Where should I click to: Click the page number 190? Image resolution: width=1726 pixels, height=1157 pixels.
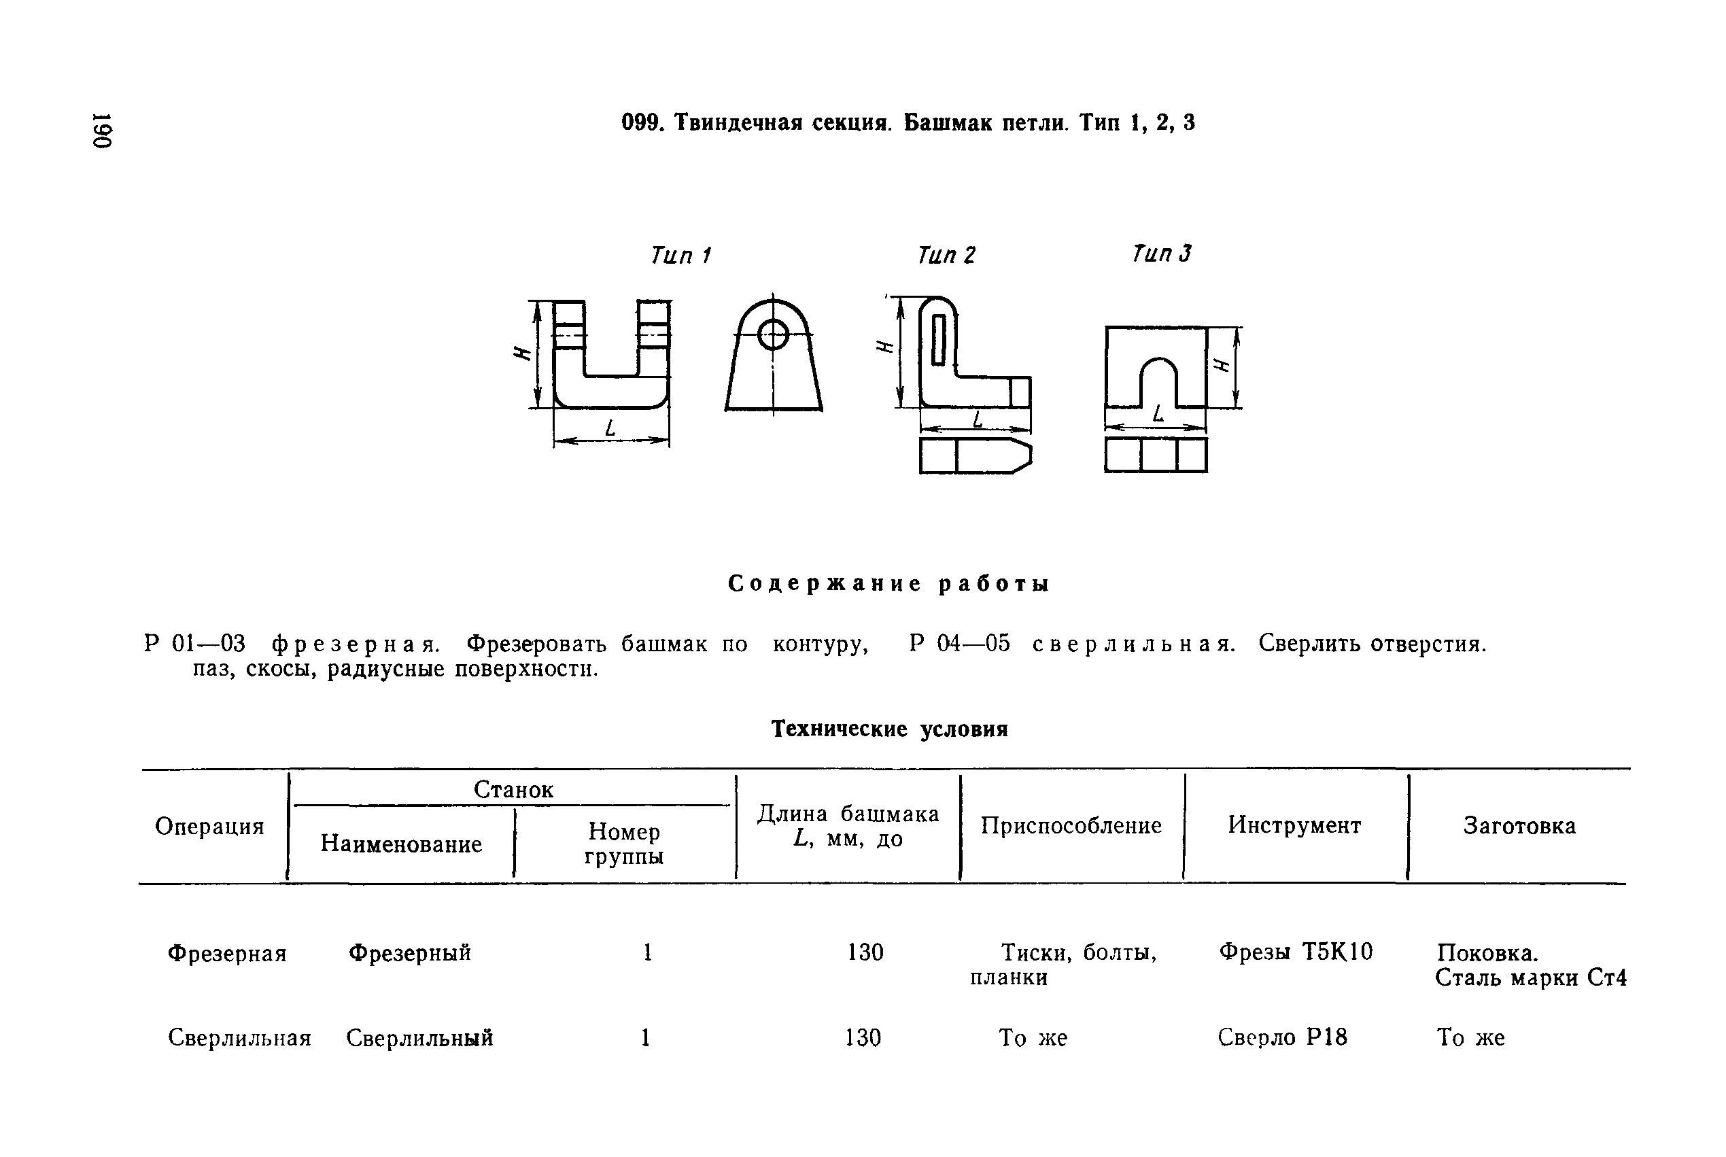102,131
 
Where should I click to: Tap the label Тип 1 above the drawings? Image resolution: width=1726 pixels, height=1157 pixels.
680,256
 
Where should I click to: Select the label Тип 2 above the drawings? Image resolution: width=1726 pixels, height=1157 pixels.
946,256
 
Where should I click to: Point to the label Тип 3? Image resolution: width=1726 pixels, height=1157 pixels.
1162,254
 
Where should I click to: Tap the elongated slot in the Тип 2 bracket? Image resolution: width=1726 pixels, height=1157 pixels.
939,339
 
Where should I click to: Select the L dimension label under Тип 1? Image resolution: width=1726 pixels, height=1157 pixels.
610,428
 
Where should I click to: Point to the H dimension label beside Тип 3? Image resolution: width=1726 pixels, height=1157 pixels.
1222,365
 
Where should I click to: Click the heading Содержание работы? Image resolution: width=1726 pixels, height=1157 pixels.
888,585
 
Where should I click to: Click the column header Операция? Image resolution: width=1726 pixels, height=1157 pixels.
209,827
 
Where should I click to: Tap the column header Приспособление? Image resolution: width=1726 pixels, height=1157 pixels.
1071,826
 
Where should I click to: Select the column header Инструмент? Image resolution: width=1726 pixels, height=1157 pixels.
1294,825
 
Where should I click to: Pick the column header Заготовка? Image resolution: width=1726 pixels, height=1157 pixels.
1519,826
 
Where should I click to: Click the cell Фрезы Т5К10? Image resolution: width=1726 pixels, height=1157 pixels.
1296,952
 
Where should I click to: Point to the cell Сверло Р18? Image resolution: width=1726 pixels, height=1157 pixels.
1283,1037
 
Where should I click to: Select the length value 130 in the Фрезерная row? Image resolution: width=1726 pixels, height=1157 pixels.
865,952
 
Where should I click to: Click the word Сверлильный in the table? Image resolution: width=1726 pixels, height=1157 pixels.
419,1038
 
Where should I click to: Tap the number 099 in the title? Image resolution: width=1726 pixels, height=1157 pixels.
639,122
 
